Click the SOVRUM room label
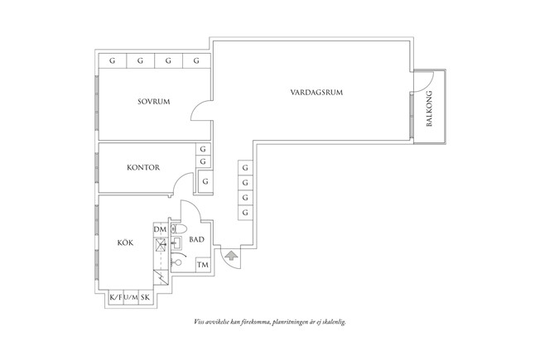154,102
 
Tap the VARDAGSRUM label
316,92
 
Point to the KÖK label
125,243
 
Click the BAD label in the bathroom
196,240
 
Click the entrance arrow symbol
229,256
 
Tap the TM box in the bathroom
202,265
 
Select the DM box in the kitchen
160,229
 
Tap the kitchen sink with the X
160,244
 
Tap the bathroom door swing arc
188,214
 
